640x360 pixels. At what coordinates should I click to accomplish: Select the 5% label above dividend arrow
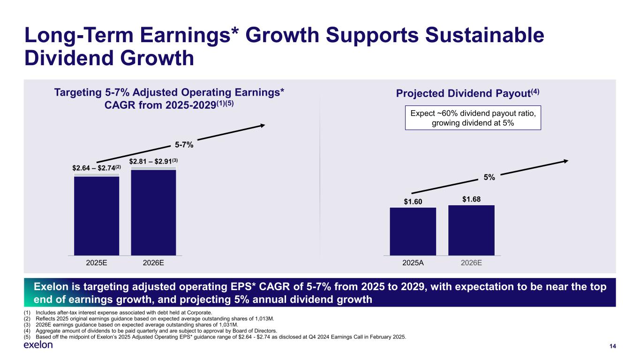coord(489,178)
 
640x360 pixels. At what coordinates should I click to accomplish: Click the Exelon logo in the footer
coord(38,345)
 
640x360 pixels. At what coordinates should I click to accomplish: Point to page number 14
coord(612,346)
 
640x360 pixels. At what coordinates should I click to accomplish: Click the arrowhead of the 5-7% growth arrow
coord(263,125)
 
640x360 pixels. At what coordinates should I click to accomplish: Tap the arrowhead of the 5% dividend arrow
coord(565,161)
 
